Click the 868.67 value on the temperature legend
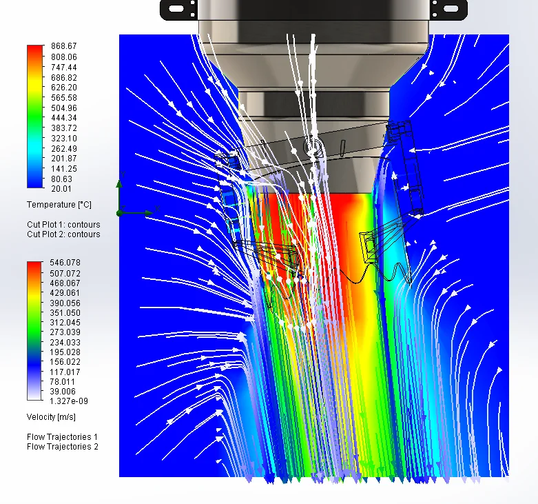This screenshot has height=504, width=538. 63,47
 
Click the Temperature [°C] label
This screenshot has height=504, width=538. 59,205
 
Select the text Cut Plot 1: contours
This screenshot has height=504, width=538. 63,225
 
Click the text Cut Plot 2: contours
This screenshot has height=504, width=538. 63,234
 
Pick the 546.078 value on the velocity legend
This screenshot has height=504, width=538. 65,263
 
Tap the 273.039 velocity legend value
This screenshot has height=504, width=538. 65,332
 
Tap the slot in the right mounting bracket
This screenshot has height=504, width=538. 450,8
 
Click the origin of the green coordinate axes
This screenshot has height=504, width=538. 119,213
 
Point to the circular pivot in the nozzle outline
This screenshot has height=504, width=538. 311,146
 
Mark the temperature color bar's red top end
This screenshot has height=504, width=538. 35,48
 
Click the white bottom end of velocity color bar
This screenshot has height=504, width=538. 35,399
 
